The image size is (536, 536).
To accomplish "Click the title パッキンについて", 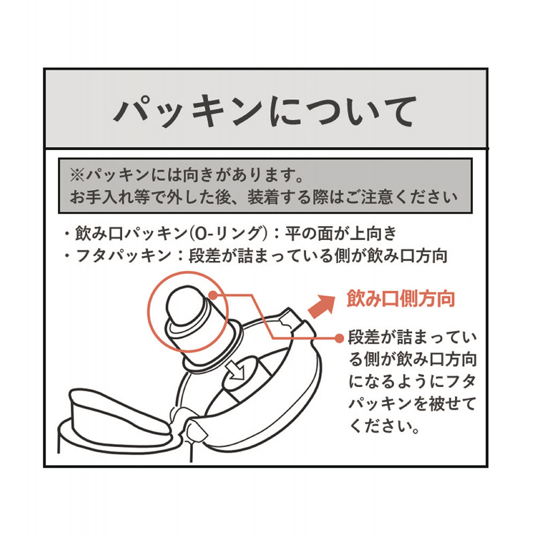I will tap(265, 110).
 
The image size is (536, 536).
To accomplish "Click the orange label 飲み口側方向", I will tap(401, 299).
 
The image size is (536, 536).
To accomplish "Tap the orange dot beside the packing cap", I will tap(213, 295).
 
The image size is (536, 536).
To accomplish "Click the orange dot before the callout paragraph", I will tap(338, 338).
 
